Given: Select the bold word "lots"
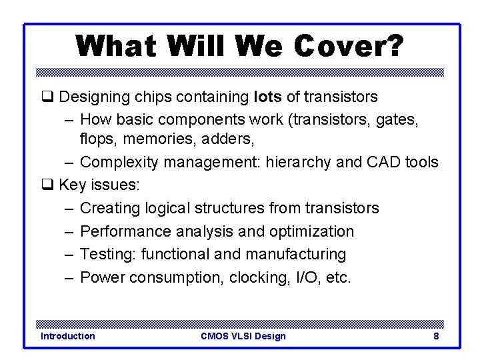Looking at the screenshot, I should click(268, 97).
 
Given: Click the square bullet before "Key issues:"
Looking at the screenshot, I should click(46, 185).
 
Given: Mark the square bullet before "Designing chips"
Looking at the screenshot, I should click(46, 97).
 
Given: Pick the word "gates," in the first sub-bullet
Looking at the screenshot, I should click(403, 120).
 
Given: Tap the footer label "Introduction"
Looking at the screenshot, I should click(68, 336).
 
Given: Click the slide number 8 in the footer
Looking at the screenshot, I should click(436, 336).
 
